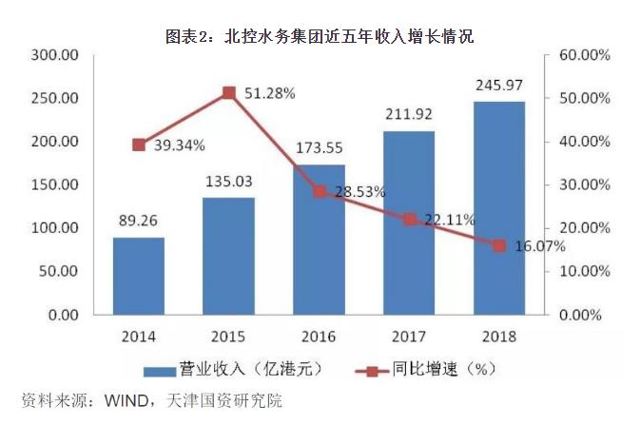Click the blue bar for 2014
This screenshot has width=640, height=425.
tap(139, 276)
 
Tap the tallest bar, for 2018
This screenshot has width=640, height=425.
tap(498, 208)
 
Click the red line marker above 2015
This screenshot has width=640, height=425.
tap(229, 92)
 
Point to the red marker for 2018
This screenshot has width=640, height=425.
tap(498, 245)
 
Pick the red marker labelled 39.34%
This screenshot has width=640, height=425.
tap(139, 145)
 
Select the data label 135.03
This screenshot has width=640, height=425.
tap(229, 182)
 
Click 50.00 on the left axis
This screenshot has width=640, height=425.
tap(58, 271)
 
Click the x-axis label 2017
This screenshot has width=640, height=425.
tap(409, 336)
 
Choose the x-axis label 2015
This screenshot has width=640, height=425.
tap(229, 336)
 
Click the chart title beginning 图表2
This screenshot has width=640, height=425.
tap(320, 37)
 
